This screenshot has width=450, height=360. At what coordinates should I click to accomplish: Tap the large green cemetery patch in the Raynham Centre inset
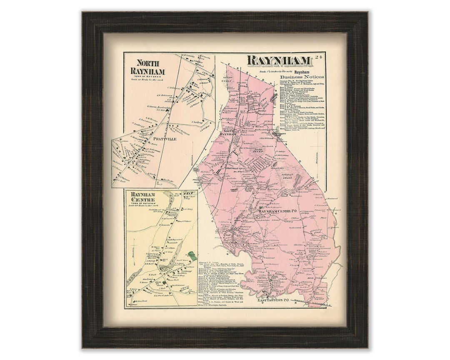191,255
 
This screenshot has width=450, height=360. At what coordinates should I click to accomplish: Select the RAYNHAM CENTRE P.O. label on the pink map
277,212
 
